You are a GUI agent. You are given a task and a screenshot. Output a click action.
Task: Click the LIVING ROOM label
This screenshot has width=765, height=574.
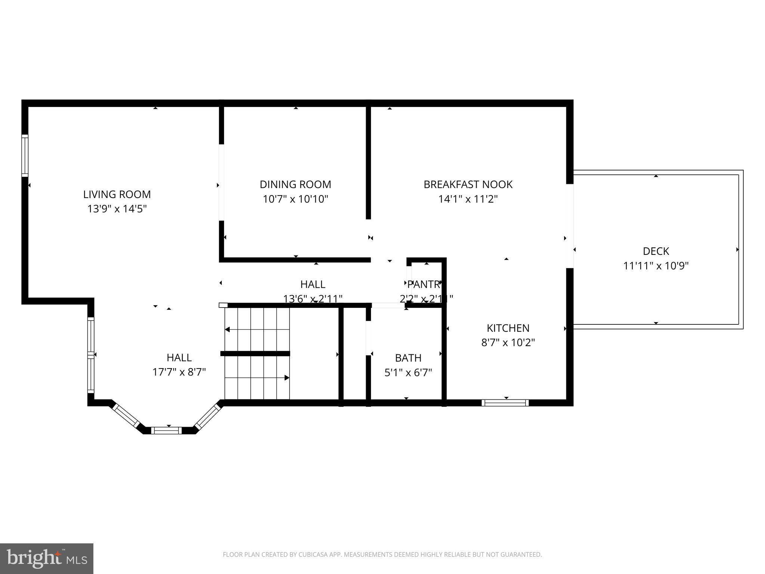pos(117,194)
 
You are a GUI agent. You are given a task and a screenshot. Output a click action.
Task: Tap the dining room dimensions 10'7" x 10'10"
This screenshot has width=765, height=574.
pos(295,199)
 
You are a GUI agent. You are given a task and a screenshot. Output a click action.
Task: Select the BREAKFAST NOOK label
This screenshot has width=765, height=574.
pos(468,184)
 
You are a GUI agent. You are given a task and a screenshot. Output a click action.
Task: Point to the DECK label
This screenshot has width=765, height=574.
pos(656,251)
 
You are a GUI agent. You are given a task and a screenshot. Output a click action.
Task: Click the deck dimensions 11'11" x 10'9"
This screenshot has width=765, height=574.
pos(656,266)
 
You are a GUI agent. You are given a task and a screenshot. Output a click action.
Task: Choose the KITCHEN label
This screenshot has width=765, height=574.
pos(508,328)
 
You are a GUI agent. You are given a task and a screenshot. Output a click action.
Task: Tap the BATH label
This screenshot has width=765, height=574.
pos(408,358)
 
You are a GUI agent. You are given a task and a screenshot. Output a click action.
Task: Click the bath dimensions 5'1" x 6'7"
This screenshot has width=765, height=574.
pos(408,373)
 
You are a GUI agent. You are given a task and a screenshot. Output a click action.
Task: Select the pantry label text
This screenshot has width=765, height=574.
pos(424,284)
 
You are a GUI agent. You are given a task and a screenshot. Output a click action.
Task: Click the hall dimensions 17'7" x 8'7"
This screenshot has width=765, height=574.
pos(179,372)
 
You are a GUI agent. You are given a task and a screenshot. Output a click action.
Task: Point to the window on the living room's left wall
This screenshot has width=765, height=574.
pos(25,155)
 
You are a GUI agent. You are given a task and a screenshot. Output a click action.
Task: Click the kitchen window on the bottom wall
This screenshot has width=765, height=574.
pos(505,403)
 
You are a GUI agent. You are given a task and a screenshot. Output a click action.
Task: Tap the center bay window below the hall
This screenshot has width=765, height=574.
pos(167,430)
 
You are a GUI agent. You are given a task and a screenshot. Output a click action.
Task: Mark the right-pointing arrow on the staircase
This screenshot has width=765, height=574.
pos(287,378)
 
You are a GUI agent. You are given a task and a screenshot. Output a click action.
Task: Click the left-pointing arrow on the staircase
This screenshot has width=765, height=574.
pos(227,330)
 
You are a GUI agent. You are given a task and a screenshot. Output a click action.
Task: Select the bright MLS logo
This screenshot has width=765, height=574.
pos(46,559)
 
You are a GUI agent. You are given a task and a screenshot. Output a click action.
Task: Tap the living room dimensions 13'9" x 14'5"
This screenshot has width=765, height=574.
pos(117,209)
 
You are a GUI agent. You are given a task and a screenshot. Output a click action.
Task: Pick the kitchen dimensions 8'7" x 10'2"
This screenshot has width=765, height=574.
pos(508,343)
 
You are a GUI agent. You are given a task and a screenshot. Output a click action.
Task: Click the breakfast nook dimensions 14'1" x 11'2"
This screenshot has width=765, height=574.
pos(468,199)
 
